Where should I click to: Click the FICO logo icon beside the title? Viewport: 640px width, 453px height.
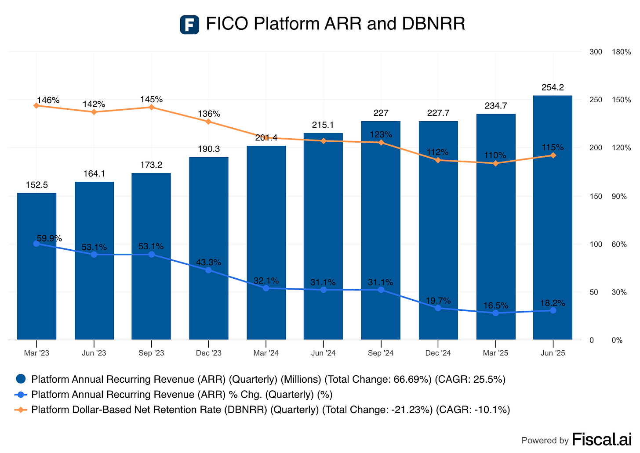[x=189, y=25]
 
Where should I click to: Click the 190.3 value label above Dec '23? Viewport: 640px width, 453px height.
[x=209, y=149]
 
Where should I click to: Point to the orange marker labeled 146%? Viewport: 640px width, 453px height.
[x=36, y=105]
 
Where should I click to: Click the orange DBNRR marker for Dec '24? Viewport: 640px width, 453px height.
[x=438, y=160]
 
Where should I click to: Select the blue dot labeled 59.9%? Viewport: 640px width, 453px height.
[x=36, y=244]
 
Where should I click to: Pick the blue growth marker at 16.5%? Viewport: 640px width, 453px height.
[x=495, y=313]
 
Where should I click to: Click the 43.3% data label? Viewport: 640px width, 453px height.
[x=209, y=262]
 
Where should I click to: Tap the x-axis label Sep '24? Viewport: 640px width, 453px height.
[x=381, y=353]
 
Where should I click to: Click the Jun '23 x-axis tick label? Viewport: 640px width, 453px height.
[x=94, y=353]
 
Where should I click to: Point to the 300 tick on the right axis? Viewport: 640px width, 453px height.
[x=596, y=52]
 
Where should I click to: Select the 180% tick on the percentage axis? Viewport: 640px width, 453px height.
[x=621, y=52]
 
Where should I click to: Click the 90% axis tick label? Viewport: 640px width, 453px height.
[x=619, y=196]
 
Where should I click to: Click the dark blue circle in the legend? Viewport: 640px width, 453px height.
[x=21, y=379]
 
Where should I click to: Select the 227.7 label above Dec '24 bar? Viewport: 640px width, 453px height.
[x=438, y=113]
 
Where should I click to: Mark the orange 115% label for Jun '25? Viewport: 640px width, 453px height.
[x=553, y=147]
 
